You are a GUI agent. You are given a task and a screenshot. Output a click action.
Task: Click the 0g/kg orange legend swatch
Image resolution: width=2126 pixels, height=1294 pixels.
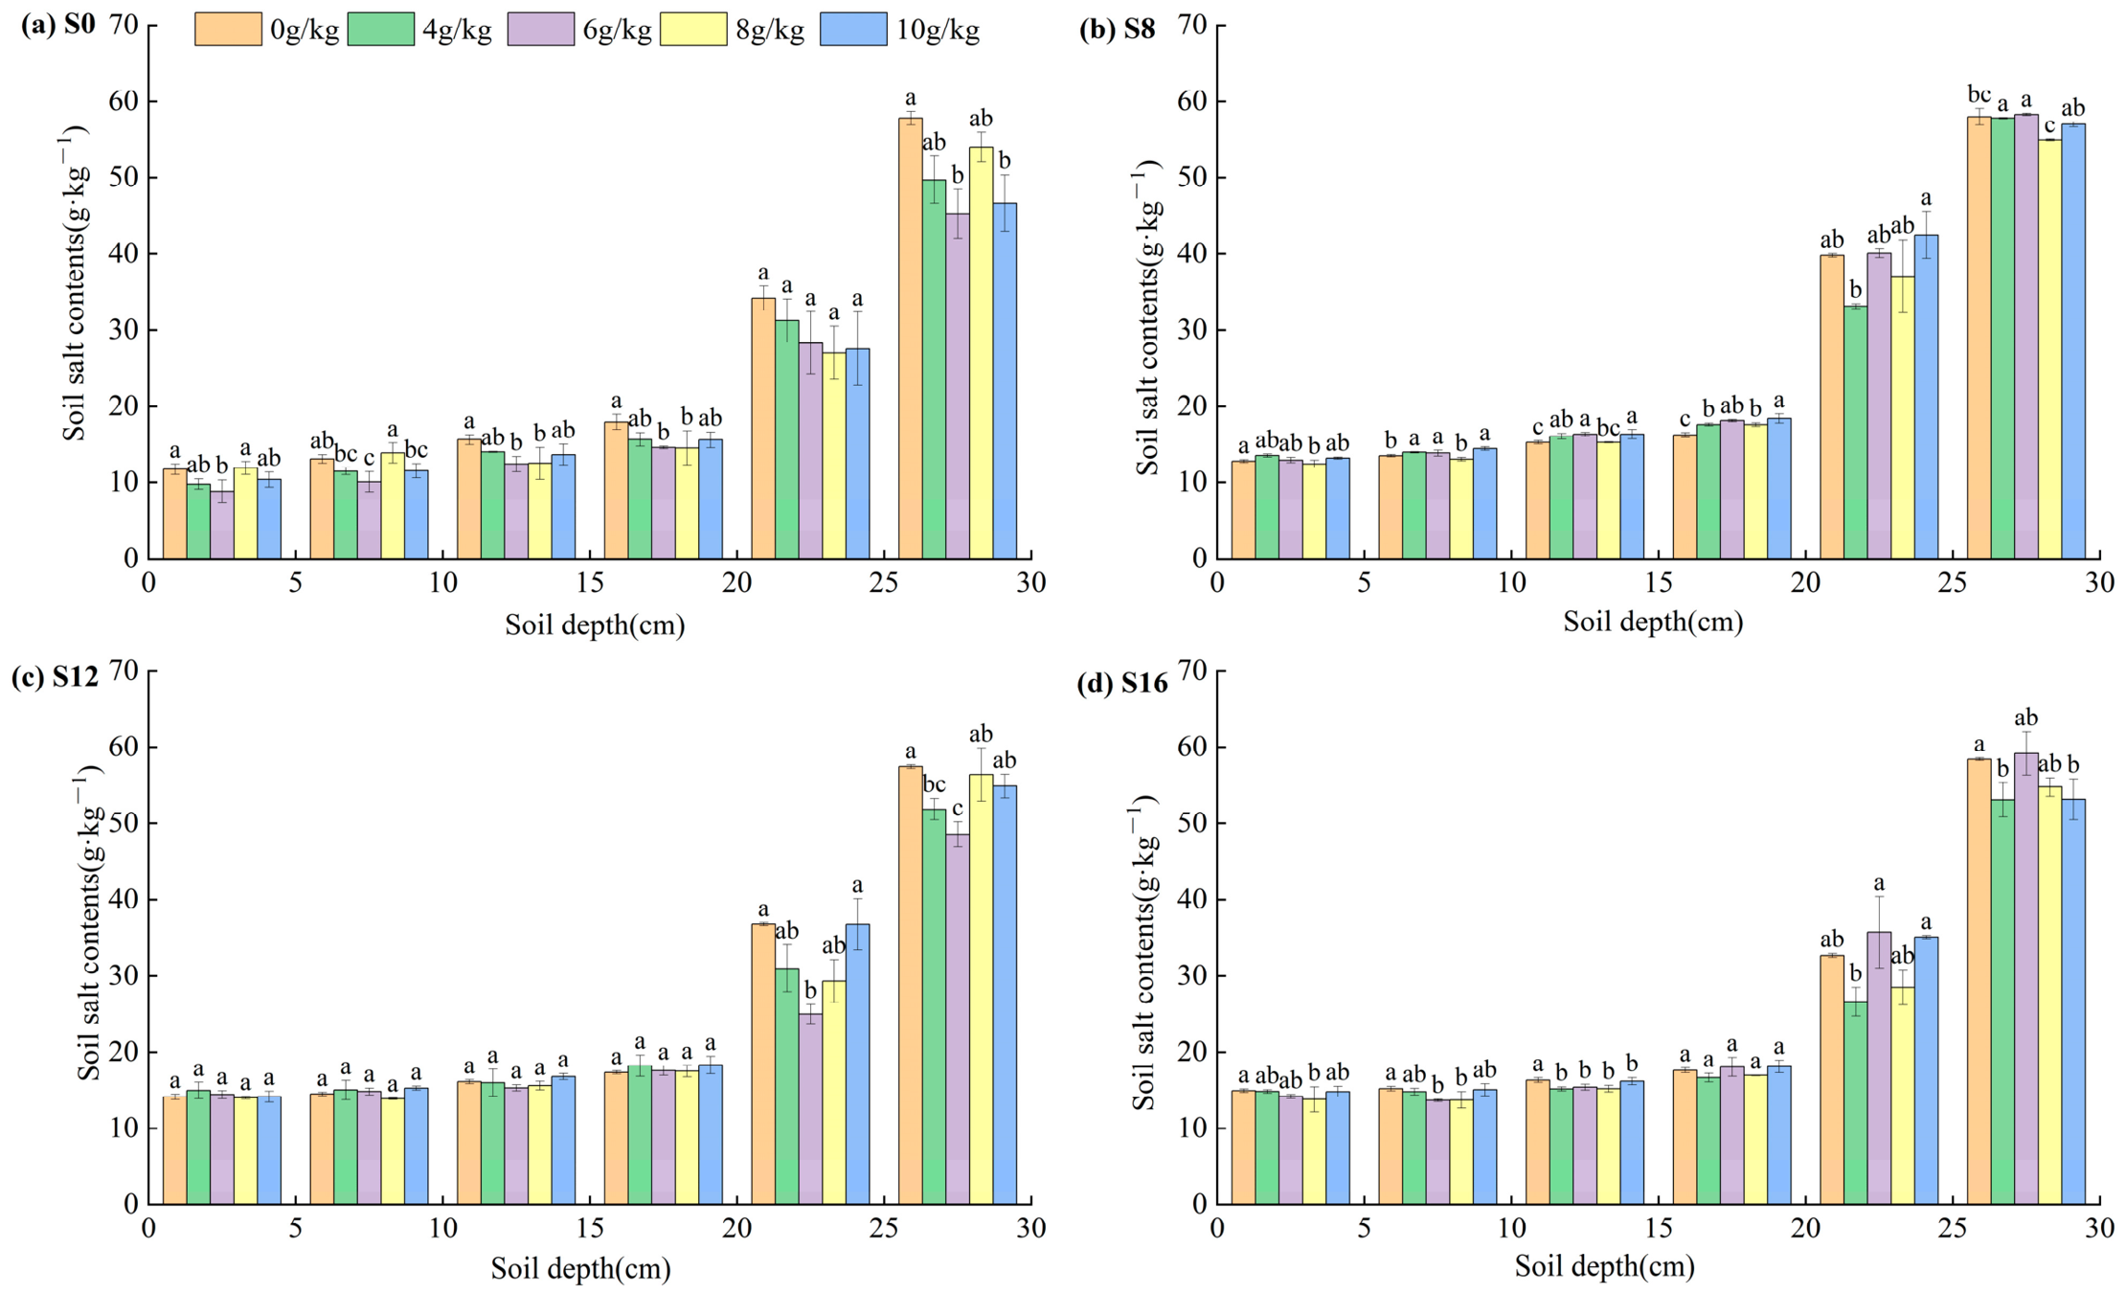228,29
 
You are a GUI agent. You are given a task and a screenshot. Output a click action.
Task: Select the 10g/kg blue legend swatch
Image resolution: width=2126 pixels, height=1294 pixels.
853,29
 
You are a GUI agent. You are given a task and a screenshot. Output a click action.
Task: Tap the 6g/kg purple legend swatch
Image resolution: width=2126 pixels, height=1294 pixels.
541,29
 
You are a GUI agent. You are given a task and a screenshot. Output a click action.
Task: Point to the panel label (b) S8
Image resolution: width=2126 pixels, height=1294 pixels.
1117,29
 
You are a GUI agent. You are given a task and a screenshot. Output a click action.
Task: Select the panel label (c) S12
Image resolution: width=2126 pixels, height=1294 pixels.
55,676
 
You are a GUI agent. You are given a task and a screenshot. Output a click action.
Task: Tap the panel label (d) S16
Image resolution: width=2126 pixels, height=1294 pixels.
1122,682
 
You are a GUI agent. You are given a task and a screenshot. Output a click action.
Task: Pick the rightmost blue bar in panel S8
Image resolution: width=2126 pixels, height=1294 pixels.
2072,341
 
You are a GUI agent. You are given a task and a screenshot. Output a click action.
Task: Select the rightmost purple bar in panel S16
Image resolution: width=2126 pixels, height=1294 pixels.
2025,978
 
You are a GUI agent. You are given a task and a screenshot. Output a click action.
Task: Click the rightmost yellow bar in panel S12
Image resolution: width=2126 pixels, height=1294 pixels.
981,988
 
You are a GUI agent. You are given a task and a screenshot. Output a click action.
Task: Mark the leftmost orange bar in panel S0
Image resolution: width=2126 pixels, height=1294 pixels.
174,513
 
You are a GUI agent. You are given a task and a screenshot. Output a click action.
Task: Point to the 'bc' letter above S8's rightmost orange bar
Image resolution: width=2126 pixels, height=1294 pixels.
1979,95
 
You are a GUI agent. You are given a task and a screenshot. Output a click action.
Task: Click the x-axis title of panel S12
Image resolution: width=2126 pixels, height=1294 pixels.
580,1269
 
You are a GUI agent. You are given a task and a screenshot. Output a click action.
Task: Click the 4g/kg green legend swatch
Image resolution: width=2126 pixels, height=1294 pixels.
381,29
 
